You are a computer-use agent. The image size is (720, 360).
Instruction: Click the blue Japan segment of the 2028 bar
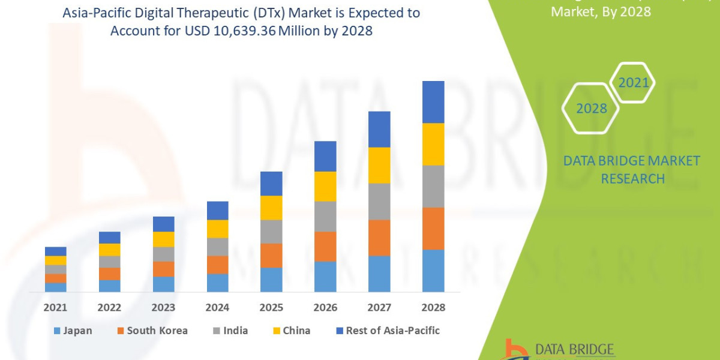click(433, 271)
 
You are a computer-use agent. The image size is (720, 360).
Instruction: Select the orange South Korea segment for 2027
click(379, 238)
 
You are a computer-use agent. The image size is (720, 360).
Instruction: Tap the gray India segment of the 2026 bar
click(325, 216)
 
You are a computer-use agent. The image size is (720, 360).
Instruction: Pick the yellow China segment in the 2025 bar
click(271, 208)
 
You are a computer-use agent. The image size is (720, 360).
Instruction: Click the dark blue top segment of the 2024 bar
click(217, 211)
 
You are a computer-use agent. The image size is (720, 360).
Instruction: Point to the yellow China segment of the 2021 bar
click(56, 260)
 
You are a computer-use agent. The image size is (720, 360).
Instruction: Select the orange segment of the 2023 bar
click(163, 269)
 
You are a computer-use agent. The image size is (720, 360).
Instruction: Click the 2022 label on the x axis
click(109, 308)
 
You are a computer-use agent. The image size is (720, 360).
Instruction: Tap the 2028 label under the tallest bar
click(433, 308)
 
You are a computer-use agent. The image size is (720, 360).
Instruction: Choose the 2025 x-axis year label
click(271, 308)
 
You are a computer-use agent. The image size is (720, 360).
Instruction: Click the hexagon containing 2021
click(634, 83)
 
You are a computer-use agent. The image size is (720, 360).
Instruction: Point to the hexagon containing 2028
click(591, 109)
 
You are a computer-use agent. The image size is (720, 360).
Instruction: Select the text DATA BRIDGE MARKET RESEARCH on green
click(632, 170)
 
